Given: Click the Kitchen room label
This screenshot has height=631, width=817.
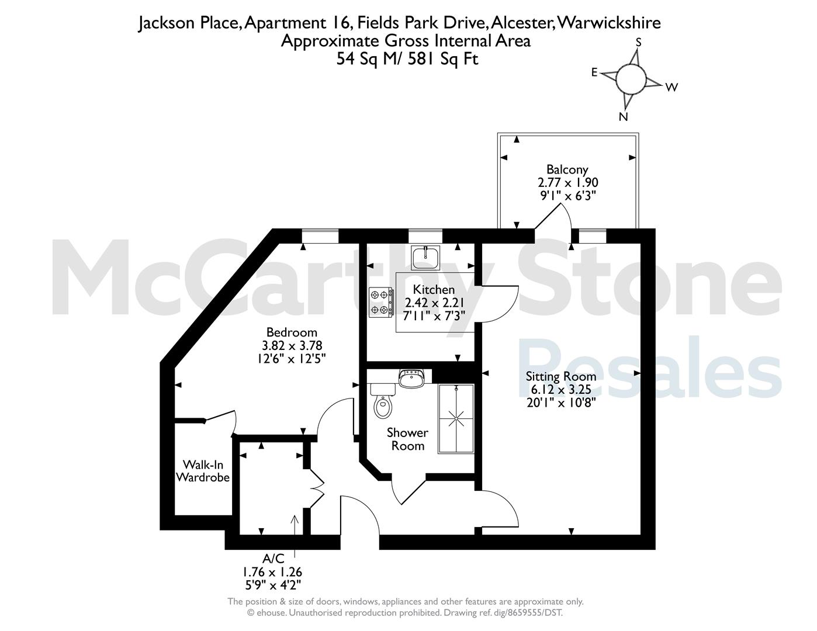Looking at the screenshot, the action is point(434,289).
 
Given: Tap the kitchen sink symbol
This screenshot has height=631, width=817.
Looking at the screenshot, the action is point(425,258).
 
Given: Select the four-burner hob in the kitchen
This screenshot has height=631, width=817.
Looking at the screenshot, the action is point(381,302).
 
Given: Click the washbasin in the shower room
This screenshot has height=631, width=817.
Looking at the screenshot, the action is point(411,378).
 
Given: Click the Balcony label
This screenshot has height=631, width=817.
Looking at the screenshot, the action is point(567,169).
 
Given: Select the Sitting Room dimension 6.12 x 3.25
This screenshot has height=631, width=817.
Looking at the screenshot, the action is point(561,389).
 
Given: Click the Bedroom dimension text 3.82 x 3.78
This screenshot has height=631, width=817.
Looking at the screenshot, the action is point(292,345).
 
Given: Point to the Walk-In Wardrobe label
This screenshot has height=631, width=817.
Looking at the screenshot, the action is point(203,471).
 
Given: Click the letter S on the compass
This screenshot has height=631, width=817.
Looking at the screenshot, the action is point(638,43).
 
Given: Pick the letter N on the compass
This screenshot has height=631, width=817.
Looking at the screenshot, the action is point(624,117).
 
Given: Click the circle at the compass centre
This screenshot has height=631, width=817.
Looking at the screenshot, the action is point(631,79).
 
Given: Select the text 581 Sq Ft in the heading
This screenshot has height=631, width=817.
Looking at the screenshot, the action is point(443,59).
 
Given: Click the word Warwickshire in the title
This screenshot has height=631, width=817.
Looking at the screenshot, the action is point(608,23).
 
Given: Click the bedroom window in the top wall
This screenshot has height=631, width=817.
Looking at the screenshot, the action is point(320,236).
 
